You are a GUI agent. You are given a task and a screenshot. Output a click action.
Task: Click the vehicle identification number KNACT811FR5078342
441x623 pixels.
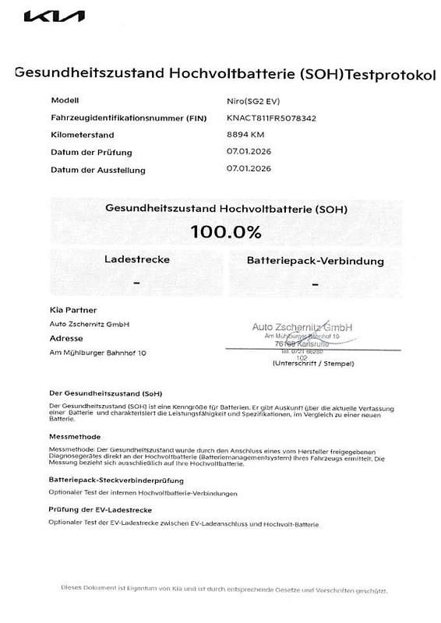coord(271,118)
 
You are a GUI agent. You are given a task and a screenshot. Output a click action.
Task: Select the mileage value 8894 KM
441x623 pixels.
coord(245,135)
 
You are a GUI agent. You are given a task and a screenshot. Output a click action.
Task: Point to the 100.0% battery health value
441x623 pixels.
coord(225,231)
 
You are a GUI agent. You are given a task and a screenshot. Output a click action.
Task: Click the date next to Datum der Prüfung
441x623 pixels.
coord(249,151)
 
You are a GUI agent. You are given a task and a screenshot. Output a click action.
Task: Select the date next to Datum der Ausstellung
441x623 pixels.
coord(249,168)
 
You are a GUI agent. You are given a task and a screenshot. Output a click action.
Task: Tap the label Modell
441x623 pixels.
coord(65,100)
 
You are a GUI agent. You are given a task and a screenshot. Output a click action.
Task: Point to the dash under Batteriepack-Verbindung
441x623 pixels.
coord(315,286)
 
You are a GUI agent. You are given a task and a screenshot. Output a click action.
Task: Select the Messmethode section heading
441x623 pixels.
coord(75,437)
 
